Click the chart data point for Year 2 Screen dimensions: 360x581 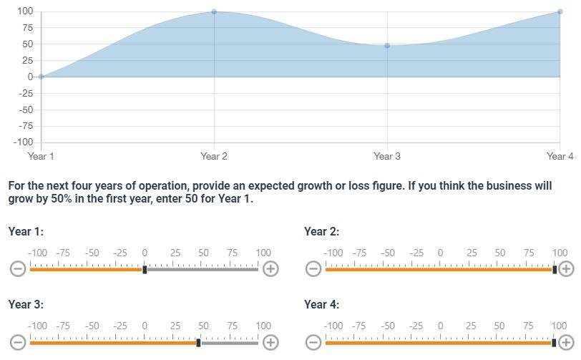tap(214, 11)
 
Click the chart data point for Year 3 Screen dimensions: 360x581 tap(387, 46)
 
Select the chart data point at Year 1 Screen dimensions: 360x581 tap(41, 77)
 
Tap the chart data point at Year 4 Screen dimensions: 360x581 tap(560, 11)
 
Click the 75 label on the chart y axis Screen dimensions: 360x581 tap(26, 27)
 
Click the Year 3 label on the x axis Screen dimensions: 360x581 tap(387, 156)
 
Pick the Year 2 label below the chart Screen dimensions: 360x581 tap(214, 156)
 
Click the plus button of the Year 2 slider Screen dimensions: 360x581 tap(566, 268)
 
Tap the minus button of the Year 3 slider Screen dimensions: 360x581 tap(18, 342)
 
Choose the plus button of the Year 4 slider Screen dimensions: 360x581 tap(566, 342)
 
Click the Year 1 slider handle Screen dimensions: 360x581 tap(145, 269)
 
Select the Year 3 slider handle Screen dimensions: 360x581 tap(199, 343)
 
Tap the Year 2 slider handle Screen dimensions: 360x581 tap(555, 269)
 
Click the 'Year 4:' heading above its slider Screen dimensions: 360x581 tap(321, 304)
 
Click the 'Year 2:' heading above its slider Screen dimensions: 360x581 tap(321, 231)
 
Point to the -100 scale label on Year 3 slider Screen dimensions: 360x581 tap(37, 326)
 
